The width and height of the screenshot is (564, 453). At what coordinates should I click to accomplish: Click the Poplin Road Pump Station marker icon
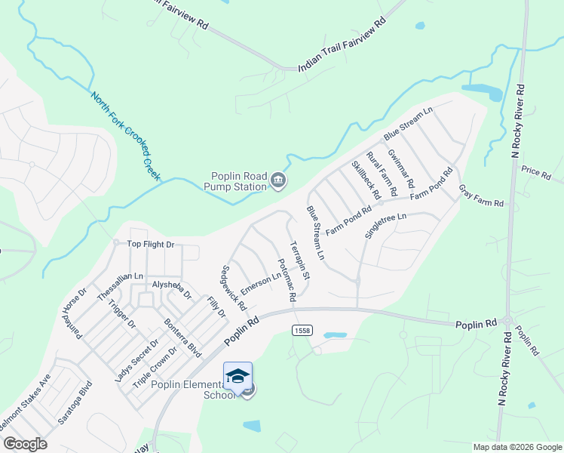[x=278, y=180]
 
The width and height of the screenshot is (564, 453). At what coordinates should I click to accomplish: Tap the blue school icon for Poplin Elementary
[x=238, y=377]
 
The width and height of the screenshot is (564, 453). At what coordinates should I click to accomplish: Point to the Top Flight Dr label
[x=150, y=244]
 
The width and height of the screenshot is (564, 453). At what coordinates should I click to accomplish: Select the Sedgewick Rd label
[x=234, y=288]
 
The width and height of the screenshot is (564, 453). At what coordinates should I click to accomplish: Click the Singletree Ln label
[x=385, y=226]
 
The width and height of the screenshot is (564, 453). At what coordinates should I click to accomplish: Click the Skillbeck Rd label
[x=366, y=180]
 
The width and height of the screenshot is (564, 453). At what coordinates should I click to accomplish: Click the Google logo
[x=24, y=444]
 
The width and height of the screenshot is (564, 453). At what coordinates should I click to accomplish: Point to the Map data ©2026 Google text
[x=516, y=446]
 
